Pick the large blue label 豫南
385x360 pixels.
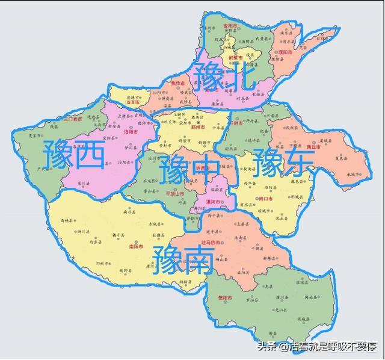tap(183, 259)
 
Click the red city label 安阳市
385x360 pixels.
tap(230, 26)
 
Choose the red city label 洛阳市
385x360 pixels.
tap(131, 132)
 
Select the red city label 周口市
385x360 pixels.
tap(265, 198)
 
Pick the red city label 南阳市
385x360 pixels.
tap(136, 246)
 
